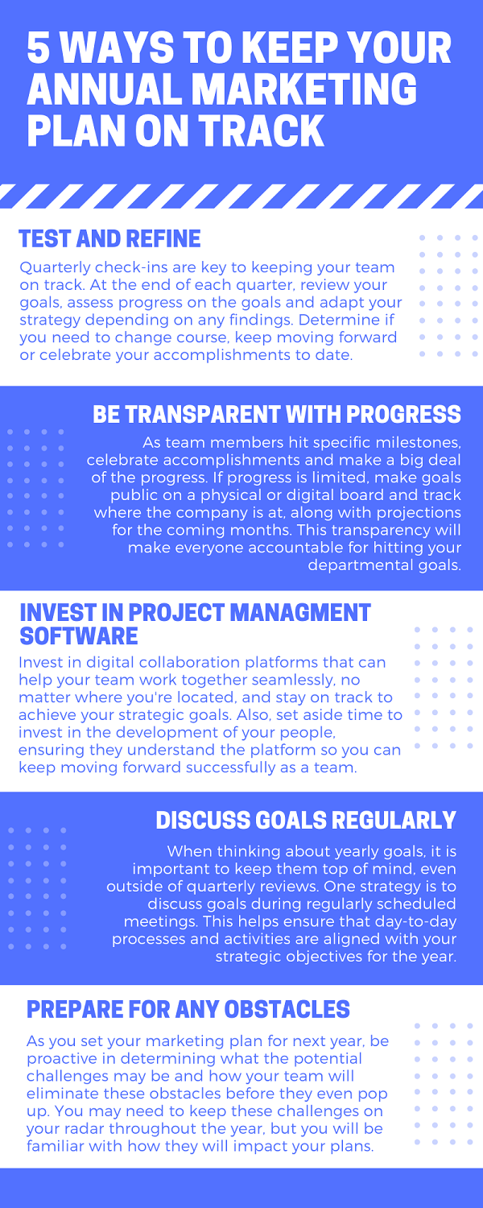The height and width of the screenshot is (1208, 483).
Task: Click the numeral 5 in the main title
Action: (x=39, y=48)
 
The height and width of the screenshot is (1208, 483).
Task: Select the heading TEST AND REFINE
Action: (x=110, y=239)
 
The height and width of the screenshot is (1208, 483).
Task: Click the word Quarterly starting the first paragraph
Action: (x=52, y=268)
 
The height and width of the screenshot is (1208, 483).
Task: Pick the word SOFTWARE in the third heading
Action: (x=79, y=636)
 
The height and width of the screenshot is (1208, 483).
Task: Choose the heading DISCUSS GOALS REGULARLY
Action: (x=306, y=821)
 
